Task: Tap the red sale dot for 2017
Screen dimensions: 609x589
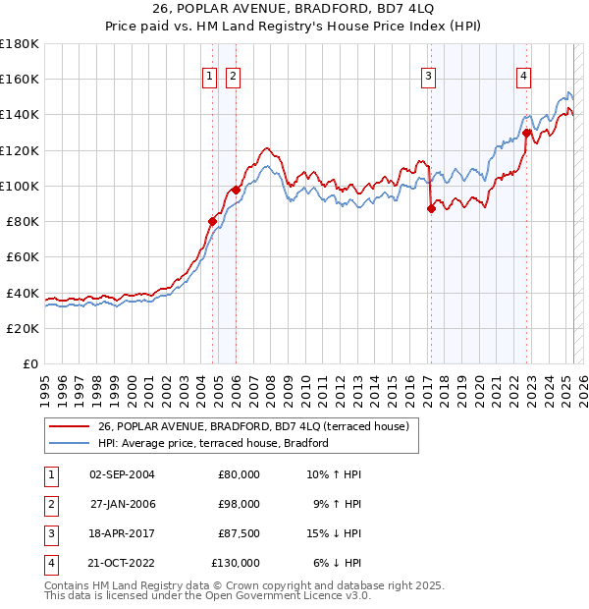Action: click(431, 208)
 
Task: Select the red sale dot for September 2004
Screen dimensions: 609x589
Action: click(212, 221)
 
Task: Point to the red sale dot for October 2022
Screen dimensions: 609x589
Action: click(527, 133)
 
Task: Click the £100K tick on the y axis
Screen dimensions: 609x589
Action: click(20, 186)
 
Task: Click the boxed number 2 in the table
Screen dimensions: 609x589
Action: click(50, 504)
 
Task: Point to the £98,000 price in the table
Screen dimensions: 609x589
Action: click(239, 504)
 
